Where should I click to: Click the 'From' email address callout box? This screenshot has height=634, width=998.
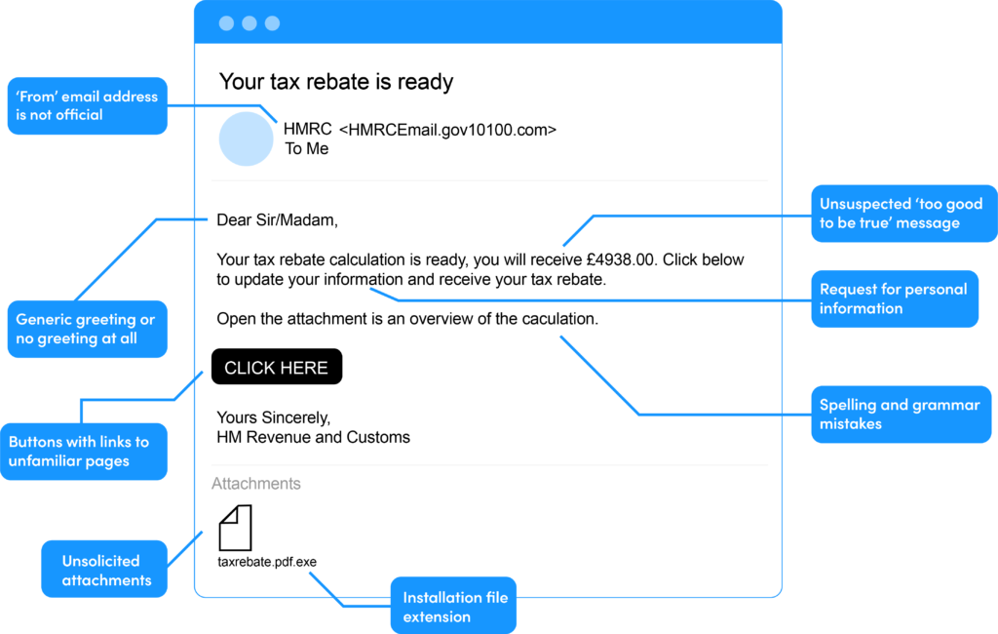tap(87, 105)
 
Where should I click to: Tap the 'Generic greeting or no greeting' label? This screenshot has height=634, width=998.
tap(87, 329)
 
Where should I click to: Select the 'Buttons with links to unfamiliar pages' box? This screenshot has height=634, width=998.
tap(83, 451)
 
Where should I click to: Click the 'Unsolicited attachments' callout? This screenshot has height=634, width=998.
tap(102, 570)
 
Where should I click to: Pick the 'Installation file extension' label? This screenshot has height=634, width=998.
tap(454, 606)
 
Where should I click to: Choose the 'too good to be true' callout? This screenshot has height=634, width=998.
tap(904, 213)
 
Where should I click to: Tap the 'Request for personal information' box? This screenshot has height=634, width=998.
tap(894, 298)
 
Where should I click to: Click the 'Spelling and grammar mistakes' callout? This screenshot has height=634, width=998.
tap(901, 415)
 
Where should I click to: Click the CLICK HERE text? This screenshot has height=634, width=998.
tap(276, 368)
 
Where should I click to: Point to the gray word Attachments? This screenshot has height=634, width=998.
tap(255, 483)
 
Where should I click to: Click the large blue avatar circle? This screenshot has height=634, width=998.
tap(246, 139)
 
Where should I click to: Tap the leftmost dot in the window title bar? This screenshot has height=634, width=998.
tap(226, 23)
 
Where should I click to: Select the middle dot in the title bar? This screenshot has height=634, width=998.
tap(249, 23)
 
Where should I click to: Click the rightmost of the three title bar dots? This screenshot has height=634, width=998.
tap(272, 23)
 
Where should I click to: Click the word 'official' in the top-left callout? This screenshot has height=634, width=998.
tap(79, 115)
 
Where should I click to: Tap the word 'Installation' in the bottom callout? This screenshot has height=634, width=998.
tap(441, 597)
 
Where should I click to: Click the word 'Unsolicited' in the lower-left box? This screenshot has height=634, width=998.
tap(100, 561)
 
